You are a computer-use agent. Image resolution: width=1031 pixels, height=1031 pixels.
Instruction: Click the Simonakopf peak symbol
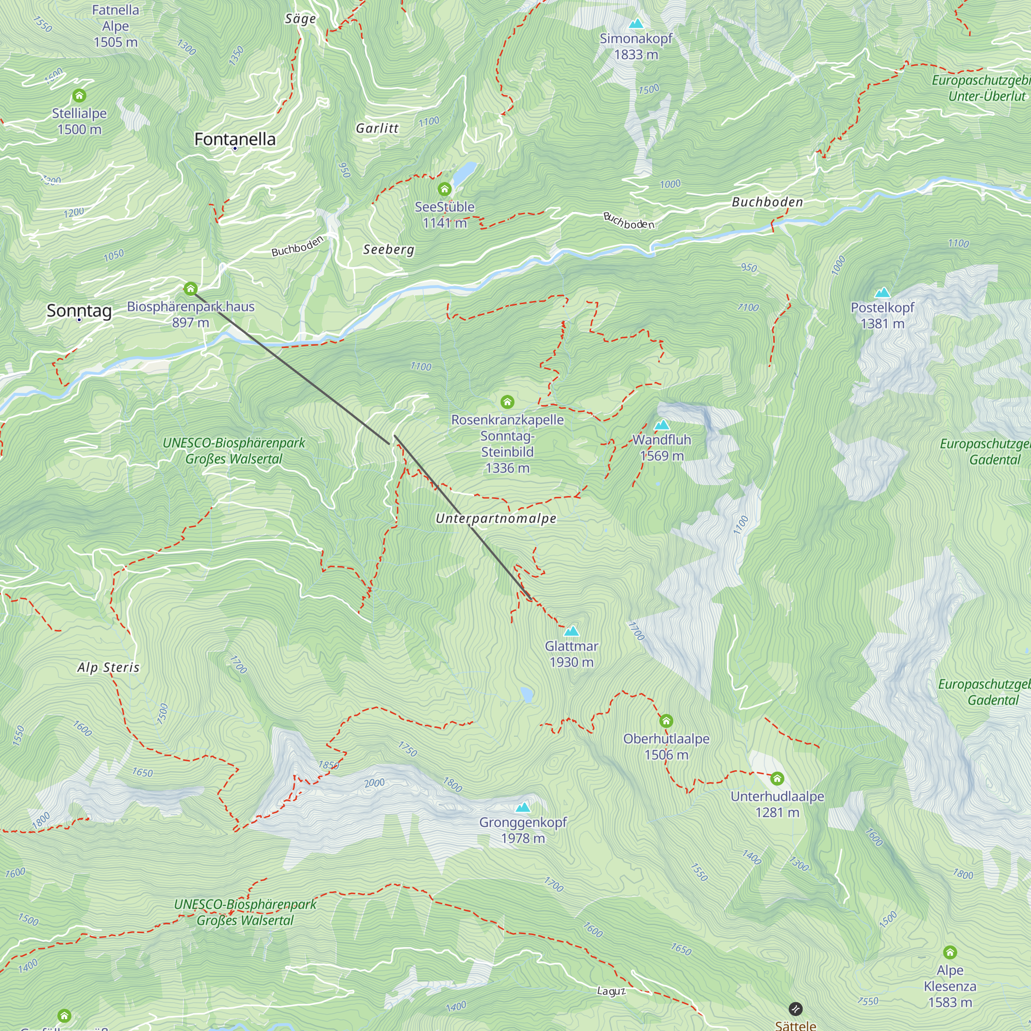[636, 24]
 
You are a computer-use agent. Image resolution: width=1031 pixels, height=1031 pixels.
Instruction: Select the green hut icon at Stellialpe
[79, 96]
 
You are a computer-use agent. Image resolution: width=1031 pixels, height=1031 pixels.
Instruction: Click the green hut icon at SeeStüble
[444, 189]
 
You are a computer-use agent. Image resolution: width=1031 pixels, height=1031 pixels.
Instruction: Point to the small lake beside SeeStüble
[465, 172]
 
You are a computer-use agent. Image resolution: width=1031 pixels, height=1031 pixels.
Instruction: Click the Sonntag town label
[79, 310]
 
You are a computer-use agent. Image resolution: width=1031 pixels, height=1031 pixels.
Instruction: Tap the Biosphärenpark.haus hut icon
[191, 289]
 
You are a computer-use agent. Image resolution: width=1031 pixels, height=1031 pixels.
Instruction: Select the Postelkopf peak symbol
[883, 292]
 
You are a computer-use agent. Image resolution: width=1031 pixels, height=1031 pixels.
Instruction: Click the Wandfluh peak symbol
[662, 425]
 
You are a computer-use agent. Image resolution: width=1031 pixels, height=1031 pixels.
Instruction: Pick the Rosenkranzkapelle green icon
[507, 402]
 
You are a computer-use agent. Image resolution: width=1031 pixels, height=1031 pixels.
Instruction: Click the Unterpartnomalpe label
[496, 519]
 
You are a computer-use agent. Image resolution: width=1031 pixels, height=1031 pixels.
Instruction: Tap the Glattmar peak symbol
[572, 631]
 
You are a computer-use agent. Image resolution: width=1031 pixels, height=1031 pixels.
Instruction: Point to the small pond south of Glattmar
[527, 694]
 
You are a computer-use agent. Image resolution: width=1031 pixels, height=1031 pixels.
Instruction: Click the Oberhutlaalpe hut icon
[666, 722]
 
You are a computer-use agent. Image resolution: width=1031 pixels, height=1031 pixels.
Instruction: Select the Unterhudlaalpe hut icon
[777, 779]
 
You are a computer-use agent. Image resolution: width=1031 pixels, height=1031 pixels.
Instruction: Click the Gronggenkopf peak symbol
[523, 807]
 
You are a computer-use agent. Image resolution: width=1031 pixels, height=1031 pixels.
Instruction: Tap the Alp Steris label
[108, 668]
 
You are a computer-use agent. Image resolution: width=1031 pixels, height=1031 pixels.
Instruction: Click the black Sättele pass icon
[795, 1009]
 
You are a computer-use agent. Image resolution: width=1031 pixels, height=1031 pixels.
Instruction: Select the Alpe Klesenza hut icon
[950, 953]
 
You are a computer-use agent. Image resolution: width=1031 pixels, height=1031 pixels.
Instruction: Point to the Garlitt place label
[377, 128]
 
